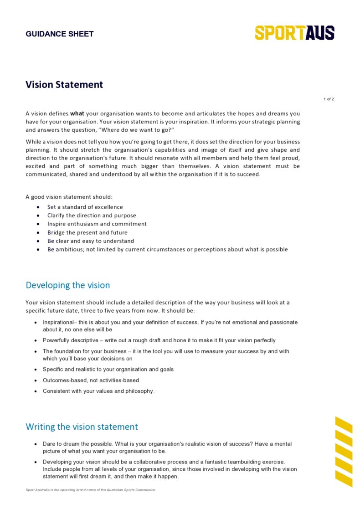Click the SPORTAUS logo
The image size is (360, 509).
294,33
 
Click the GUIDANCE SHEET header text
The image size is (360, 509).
60,34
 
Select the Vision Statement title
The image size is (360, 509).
64,85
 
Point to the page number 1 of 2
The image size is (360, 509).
329,99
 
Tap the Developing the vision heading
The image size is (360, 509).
68,285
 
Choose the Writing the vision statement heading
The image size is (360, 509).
82,427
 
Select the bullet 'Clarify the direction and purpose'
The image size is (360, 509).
92,216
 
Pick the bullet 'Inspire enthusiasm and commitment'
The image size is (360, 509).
97,224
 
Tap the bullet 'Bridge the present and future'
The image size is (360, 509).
87,232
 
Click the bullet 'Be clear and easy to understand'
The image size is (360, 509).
91,241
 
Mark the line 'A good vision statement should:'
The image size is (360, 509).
69,197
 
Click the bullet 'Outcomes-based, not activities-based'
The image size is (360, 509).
91,380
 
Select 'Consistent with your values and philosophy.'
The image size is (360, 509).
98,391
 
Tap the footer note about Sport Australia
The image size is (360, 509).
91,490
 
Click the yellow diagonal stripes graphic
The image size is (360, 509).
344,451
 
